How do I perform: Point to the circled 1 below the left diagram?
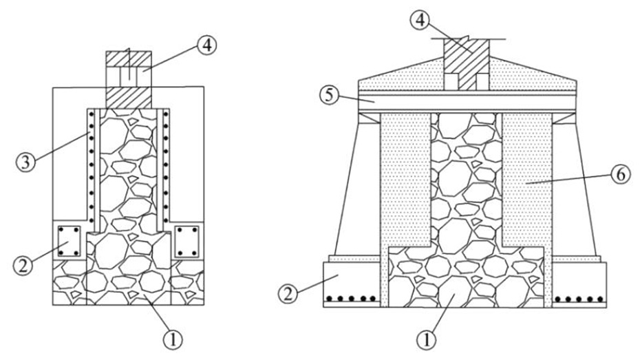[173, 338]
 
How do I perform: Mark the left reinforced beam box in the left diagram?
[70, 242]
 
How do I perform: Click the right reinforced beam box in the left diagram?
[186, 242]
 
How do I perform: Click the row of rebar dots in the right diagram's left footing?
[351, 299]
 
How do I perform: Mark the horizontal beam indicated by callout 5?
[468, 101]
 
